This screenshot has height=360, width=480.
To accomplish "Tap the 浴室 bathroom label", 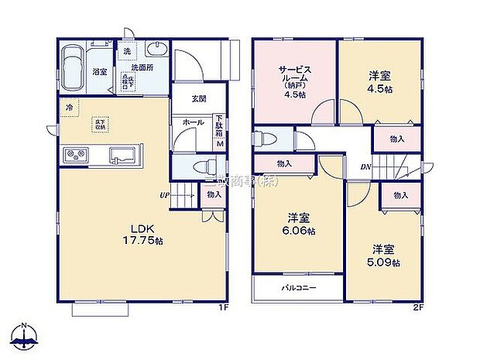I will click(100, 72).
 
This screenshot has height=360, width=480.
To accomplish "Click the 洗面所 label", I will click(142, 67).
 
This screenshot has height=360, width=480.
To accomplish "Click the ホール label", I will click(192, 123).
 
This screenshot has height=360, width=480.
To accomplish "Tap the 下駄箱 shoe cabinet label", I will click(219, 123).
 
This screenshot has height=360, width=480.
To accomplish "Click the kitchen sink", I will click(122, 154).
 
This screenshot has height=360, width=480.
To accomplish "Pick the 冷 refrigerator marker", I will click(69, 108).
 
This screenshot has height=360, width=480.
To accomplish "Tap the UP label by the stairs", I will click(165, 195).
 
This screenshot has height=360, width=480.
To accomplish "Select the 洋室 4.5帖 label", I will click(379, 82).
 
